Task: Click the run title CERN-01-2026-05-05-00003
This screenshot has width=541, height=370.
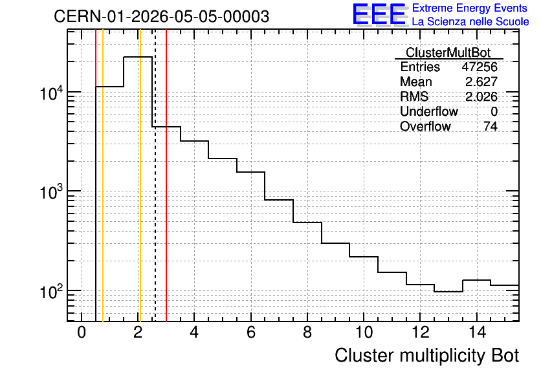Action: click(x=162, y=17)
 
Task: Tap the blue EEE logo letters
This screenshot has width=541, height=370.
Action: click(x=379, y=14)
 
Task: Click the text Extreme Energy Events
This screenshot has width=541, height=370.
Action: click(x=470, y=8)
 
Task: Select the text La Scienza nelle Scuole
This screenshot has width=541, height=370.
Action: click(x=470, y=21)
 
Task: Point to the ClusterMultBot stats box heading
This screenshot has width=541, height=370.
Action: click(x=448, y=52)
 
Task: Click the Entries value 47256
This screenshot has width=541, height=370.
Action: click(x=480, y=67)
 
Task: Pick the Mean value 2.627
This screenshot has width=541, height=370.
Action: click(x=481, y=82)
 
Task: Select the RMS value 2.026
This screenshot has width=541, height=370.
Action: click(x=481, y=96)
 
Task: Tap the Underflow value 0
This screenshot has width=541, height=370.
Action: click(x=494, y=111)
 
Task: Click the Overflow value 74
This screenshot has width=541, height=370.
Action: click(x=491, y=126)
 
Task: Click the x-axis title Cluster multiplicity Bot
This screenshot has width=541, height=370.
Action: click(x=427, y=356)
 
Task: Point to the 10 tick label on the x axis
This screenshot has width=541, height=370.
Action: click(x=364, y=332)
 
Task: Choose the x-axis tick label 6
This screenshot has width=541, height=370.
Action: click(x=251, y=332)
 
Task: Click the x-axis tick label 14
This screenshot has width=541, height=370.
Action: click(x=477, y=332)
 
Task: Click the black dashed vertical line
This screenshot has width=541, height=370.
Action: click(x=155, y=175)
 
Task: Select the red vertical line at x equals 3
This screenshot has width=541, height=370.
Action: click(x=166, y=175)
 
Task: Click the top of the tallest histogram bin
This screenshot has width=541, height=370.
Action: click(x=138, y=57)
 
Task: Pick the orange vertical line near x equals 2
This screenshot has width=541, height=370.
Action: click(x=140, y=175)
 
